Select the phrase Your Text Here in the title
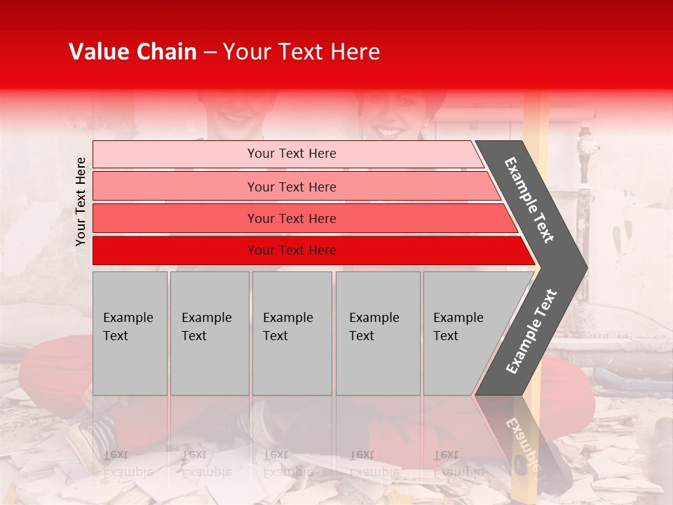(x=301, y=52)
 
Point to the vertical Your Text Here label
(x=81, y=201)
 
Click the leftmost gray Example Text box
(x=130, y=333)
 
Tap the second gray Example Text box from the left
(x=209, y=333)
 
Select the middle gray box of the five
(x=292, y=333)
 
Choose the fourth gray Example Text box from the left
(x=377, y=333)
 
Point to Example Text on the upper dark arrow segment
(x=529, y=200)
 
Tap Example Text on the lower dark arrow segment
(x=531, y=332)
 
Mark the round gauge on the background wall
(x=587, y=146)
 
